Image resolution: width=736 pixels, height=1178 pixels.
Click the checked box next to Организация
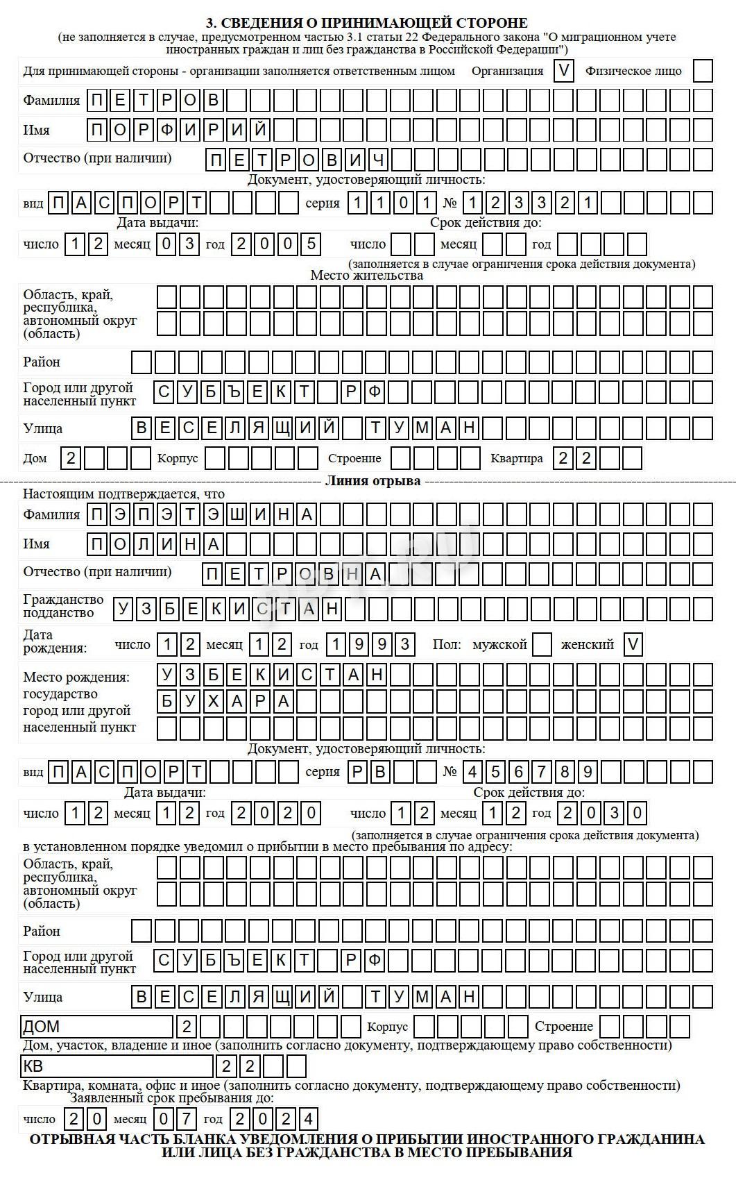(564, 71)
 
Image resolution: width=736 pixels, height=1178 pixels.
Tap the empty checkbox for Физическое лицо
(703, 71)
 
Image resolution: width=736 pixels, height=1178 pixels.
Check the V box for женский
(633, 644)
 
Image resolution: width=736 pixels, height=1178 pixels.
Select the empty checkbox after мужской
(542, 644)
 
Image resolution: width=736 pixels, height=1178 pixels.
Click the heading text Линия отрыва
(373, 481)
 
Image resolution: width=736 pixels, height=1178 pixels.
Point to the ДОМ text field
(96, 1026)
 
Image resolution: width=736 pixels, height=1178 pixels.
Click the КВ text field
(117, 1066)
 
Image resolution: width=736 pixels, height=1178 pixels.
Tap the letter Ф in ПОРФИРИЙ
(167, 130)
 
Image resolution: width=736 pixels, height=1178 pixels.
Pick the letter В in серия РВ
(379, 772)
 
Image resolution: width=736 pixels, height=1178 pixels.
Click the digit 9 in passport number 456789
(588, 772)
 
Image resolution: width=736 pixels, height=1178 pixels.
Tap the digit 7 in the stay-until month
(187, 1119)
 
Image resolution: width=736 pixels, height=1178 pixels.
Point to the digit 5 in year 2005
(311, 244)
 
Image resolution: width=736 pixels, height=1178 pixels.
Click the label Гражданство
(63, 599)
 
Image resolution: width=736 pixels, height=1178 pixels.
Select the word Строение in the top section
(354, 458)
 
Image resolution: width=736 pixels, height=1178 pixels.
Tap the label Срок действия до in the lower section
(529, 792)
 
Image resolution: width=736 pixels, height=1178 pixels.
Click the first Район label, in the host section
(42, 362)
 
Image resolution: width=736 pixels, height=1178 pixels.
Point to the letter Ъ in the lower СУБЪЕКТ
(234, 960)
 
